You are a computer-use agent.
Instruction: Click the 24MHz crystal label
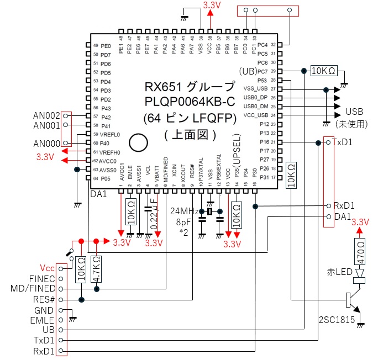185,211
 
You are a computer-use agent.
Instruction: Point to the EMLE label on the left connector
44,320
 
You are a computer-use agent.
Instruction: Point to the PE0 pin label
106,46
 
